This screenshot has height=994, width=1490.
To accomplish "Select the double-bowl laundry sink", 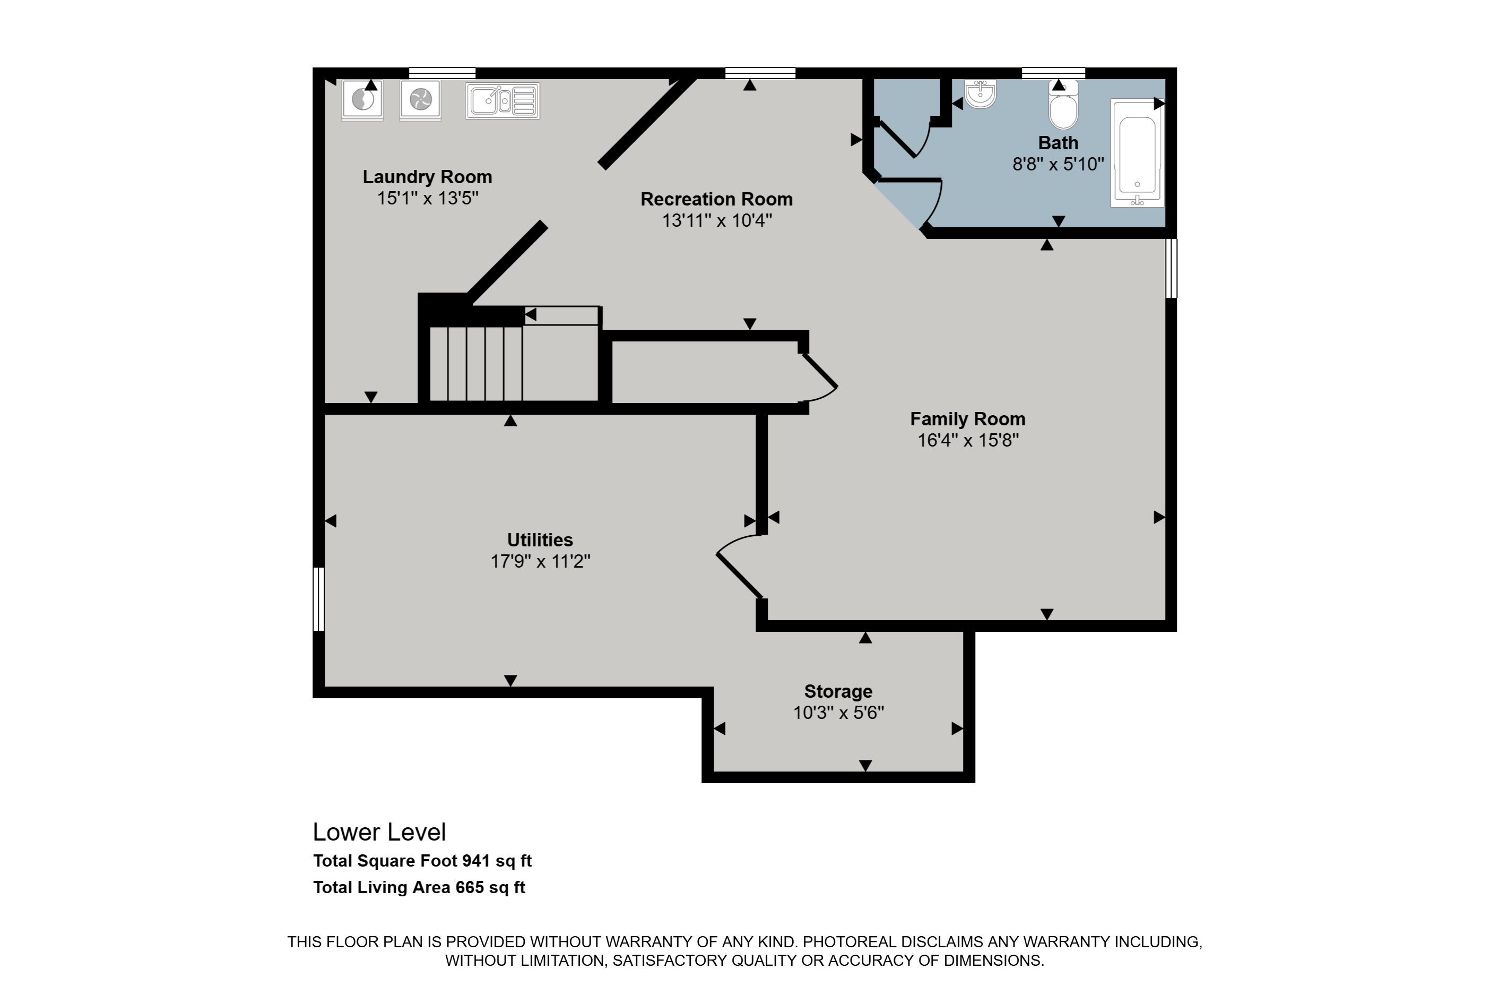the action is point(503,101).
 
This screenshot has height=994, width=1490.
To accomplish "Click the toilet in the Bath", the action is point(1063,105).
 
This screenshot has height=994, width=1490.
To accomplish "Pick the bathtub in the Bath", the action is point(1138,153).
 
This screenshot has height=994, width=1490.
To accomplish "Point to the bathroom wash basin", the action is point(981,94).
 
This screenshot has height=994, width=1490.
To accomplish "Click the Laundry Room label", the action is point(427,177).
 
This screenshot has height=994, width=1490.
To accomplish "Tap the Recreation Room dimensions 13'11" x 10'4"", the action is point(716,220).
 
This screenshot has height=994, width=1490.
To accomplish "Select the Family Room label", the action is point(967,419).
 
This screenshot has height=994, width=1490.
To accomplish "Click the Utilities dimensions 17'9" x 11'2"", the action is point(540,562).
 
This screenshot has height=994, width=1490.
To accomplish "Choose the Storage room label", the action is point(838,692).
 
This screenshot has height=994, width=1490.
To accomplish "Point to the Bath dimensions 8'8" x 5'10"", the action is point(1058,165).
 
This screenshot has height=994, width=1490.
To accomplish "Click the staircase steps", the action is point(476,363).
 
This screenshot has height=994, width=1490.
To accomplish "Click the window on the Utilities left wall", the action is point(319,599).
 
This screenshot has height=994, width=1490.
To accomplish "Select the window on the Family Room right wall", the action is point(1171,268).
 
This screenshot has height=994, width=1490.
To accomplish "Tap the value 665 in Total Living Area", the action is point(470,887).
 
